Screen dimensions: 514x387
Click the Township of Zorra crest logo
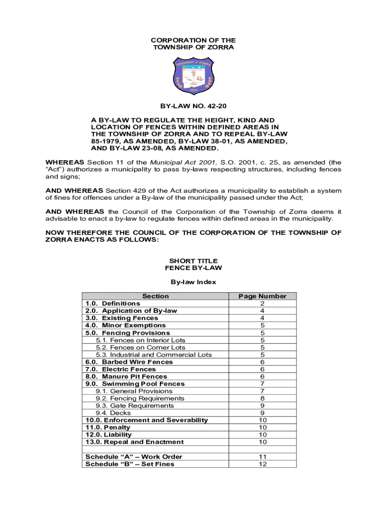pyautogui.click(x=193, y=76)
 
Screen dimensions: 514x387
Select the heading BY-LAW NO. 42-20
pyautogui.click(x=193, y=107)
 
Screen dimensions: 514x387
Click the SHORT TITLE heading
pyautogui.click(x=193, y=261)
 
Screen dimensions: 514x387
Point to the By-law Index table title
pyautogui.click(x=193, y=282)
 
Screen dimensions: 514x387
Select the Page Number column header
pyautogui.click(x=262, y=296)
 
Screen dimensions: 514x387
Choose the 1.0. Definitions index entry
pyautogui.click(x=113, y=304)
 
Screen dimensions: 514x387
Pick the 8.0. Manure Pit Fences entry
pyautogui.click(x=126, y=376)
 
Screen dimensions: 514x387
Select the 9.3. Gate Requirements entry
pyautogui.click(x=135, y=406)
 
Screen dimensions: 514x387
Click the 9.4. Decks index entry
pyautogui.click(x=113, y=413)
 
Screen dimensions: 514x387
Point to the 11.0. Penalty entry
pyautogui.click(x=108, y=428)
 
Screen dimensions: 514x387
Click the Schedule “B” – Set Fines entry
pyautogui.click(x=130, y=464)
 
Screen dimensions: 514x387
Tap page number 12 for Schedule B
pyautogui.click(x=262, y=464)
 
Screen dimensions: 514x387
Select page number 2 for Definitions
pyautogui.click(x=262, y=304)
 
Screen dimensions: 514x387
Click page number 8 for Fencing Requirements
pyautogui.click(x=262, y=399)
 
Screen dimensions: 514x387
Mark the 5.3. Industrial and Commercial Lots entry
pyautogui.click(x=154, y=355)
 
